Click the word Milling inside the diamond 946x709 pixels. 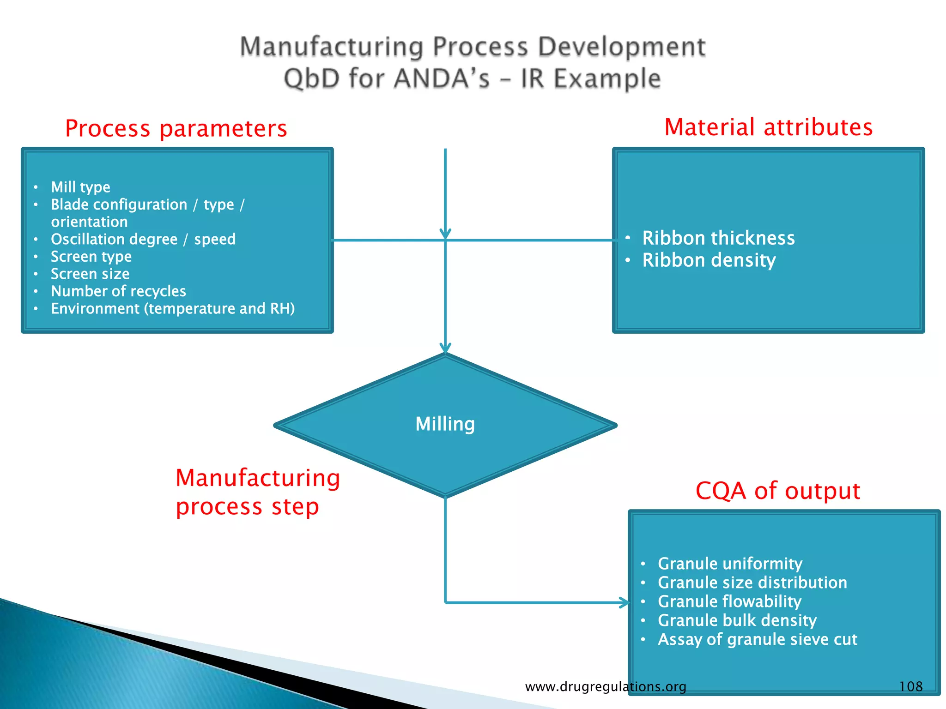pos(445,424)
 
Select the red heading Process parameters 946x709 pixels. pos(176,128)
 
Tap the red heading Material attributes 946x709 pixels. pos(768,127)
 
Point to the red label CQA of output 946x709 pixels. pos(777,490)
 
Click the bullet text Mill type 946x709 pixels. pos(80,187)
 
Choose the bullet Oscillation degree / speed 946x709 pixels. pos(143,239)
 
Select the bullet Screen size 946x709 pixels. pos(90,274)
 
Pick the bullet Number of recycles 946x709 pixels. pos(118,291)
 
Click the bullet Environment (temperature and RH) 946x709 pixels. pos(173,308)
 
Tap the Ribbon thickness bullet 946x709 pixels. pos(718,238)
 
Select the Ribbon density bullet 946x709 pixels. pos(709,260)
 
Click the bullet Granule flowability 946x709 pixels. pos(729,601)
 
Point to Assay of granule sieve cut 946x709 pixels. pos(757,639)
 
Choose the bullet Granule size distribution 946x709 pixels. pos(752,583)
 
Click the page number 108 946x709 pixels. pos(910,686)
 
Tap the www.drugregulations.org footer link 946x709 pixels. pos(605,687)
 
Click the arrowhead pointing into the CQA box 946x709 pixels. pos(625,602)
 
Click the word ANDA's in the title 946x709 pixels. pos(442,78)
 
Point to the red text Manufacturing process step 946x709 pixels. pos(257,492)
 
